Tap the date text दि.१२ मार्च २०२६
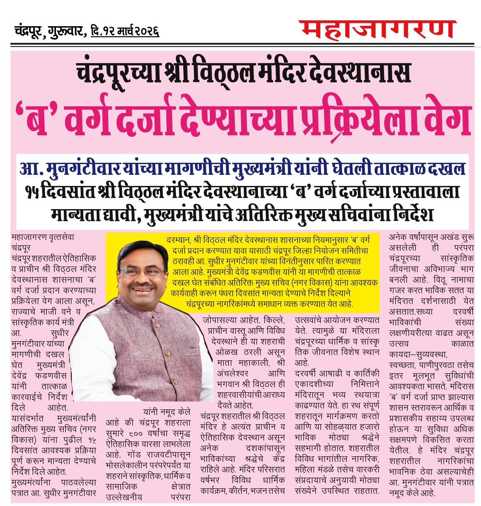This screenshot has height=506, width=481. click(x=125, y=31)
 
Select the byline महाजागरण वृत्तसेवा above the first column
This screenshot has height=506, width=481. click(x=43, y=237)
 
